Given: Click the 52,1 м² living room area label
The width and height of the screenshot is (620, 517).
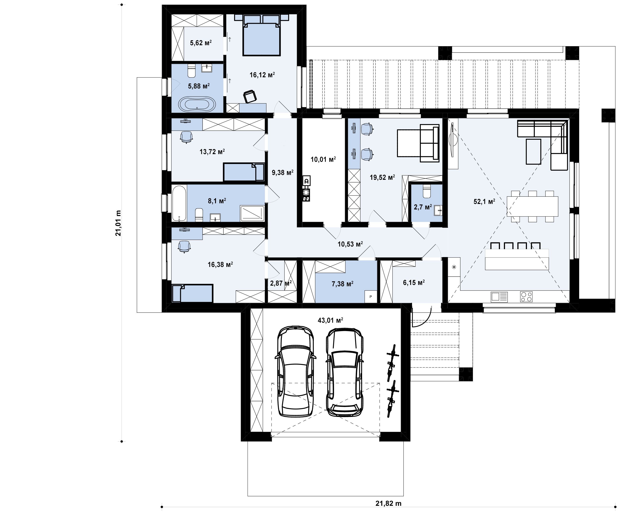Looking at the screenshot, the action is (484, 202).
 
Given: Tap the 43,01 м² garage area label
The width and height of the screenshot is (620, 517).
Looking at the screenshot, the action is (330, 320).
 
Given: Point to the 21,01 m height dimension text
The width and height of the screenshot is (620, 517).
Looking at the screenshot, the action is (118, 223).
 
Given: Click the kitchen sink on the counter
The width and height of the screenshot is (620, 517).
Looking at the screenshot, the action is (499, 297).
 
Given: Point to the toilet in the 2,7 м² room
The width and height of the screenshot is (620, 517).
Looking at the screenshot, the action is (427, 191).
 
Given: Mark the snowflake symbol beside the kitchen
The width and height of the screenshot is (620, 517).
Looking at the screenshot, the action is (454, 267).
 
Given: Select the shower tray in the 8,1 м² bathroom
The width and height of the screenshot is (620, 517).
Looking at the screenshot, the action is (252, 213).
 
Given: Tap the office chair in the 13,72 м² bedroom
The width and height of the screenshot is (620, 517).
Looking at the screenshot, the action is (186, 137).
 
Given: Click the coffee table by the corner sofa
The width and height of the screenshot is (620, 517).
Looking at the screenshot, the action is (533, 151).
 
